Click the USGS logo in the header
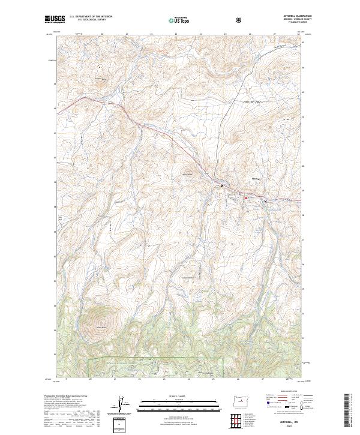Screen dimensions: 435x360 tap(55, 20)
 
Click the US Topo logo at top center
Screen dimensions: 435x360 tap(179, 20)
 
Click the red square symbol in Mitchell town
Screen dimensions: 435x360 tap(242, 194)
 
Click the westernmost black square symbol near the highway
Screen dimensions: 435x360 tap(223, 187)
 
